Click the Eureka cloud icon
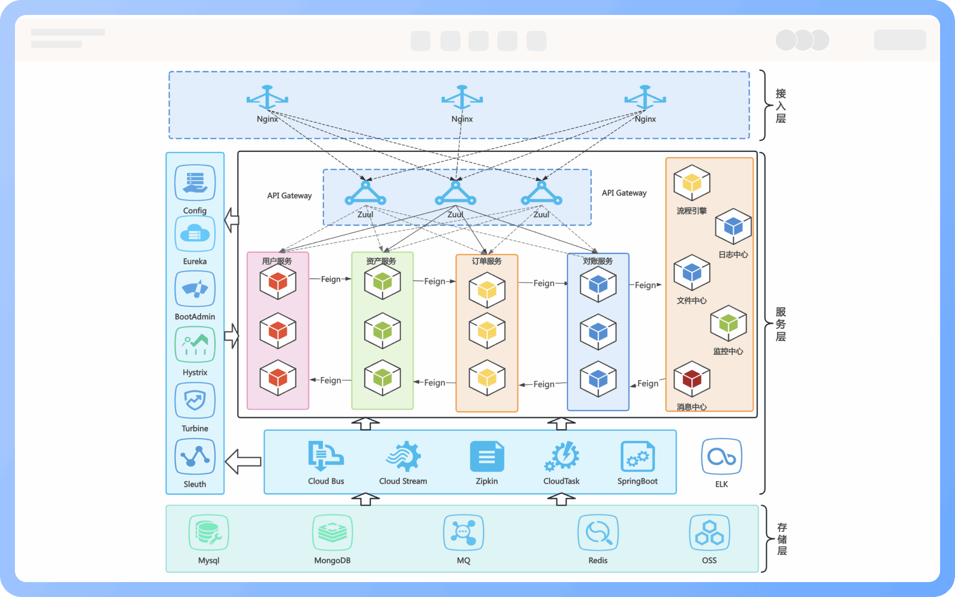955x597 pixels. coord(195,234)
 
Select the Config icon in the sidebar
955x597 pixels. coord(195,183)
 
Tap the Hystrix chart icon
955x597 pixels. coord(195,344)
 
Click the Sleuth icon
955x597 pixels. coord(195,456)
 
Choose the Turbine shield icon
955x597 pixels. coord(195,400)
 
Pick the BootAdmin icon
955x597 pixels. coord(195,289)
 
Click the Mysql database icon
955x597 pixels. coord(209,532)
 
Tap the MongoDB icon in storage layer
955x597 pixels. coord(332,532)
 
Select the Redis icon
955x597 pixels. coord(598,532)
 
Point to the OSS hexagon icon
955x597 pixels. coord(709,532)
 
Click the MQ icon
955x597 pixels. coord(463,532)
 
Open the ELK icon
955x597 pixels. coord(721,456)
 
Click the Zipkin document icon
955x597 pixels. coord(486,456)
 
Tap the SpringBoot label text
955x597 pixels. coord(637,481)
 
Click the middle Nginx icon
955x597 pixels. coord(462,98)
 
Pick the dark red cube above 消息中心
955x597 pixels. coord(691,379)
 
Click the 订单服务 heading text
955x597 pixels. coord(486,261)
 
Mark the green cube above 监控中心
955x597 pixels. coord(728,323)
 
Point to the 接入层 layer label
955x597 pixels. coord(781,105)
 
